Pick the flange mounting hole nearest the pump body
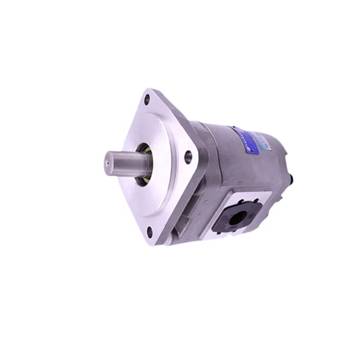pyautogui.click(x=188, y=157)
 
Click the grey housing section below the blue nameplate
pyautogui.click(x=242, y=170)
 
